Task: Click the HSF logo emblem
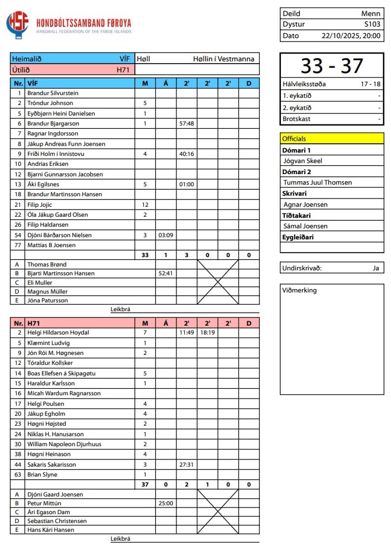(x=17, y=24)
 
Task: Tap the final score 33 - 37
(x=332, y=66)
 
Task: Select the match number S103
(x=372, y=24)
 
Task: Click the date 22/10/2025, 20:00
(x=351, y=35)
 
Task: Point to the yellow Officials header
(x=332, y=139)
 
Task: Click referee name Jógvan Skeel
(x=303, y=161)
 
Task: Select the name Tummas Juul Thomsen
(x=317, y=182)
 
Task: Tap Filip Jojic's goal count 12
(x=145, y=205)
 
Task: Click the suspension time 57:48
(x=186, y=123)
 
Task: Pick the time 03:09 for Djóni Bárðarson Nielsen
(x=165, y=235)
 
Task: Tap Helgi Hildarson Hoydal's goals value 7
(x=145, y=333)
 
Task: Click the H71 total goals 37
(x=145, y=485)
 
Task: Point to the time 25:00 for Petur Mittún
(x=165, y=504)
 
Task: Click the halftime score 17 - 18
(x=371, y=85)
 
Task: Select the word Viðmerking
(x=299, y=290)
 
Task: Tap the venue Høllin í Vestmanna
(x=224, y=59)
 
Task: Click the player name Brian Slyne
(x=42, y=474)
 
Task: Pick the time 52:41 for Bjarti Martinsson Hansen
(x=165, y=273)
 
